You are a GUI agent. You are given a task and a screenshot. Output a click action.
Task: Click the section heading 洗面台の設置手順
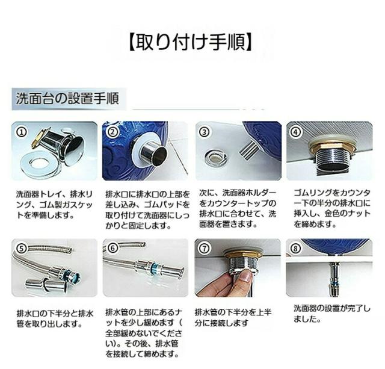point(67,99)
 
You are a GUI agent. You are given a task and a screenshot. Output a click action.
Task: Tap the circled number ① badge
point(21,132)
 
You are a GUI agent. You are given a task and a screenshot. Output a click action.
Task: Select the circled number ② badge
point(112,132)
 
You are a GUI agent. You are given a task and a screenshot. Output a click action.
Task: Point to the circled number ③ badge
point(204,132)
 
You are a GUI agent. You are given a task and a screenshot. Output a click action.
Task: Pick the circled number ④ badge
point(295,132)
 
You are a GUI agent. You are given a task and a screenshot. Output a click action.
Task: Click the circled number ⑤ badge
point(22,249)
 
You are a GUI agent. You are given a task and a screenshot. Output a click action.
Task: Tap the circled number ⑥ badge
point(112,248)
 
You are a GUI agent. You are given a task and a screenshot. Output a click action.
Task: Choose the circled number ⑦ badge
point(205,249)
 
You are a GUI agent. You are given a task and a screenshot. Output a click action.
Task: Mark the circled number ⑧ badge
point(295,249)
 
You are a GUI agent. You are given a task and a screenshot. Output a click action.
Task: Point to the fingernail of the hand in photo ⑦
point(246,278)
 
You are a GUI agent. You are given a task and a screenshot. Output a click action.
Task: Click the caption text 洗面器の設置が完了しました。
point(331,314)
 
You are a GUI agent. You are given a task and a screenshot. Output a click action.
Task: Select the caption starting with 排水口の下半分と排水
point(55,319)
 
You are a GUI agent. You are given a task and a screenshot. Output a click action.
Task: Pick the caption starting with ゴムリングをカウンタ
point(332,208)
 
